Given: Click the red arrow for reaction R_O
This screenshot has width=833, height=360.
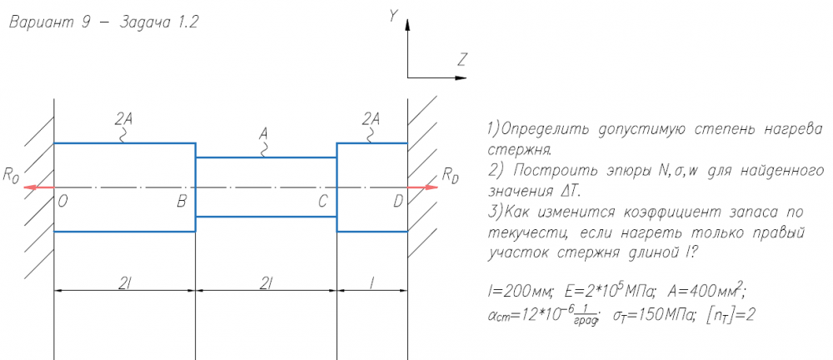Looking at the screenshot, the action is tap(38, 187).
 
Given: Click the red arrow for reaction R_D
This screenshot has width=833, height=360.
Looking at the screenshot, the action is tap(423, 187).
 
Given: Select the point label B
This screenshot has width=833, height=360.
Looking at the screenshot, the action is tap(181, 200).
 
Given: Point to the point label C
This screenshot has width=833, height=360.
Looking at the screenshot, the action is tap(322, 200).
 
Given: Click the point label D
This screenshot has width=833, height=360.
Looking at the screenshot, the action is tap(397, 200).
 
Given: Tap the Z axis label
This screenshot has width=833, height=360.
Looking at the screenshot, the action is tap(461, 60).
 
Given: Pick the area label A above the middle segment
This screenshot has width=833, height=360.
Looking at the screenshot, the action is tap(264, 132).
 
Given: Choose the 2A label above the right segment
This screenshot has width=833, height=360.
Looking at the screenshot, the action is tap(372, 118).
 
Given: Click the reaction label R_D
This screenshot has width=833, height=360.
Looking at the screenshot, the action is tap(450, 175).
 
